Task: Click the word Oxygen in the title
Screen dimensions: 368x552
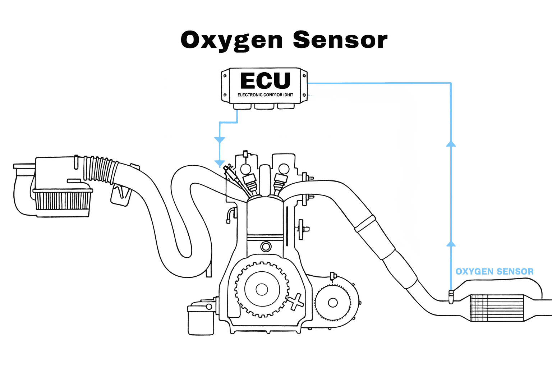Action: click(x=231, y=40)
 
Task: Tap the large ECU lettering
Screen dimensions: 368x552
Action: click(x=265, y=80)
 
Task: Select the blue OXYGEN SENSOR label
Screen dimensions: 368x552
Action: click(x=494, y=272)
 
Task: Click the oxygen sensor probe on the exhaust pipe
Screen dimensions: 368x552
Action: click(x=451, y=296)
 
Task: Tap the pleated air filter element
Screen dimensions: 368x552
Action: click(x=63, y=200)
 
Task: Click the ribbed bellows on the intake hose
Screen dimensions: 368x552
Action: click(x=99, y=169)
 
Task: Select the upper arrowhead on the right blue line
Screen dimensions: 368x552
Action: click(x=451, y=144)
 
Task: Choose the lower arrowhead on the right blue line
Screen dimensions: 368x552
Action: click(x=451, y=244)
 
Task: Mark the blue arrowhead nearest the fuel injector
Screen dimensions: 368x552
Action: click(x=220, y=164)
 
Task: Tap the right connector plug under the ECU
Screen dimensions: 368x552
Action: click(x=286, y=106)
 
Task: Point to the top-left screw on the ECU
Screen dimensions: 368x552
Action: click(x=225, y=76)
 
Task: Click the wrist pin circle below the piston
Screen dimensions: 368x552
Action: click(x=266, y=247)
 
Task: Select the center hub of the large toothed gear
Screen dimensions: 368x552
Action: click(x=262, y=289)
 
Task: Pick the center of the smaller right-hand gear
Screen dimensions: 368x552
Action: click(x=333, y=303)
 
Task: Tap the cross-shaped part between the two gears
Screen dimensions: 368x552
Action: click(x=295, y=302)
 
